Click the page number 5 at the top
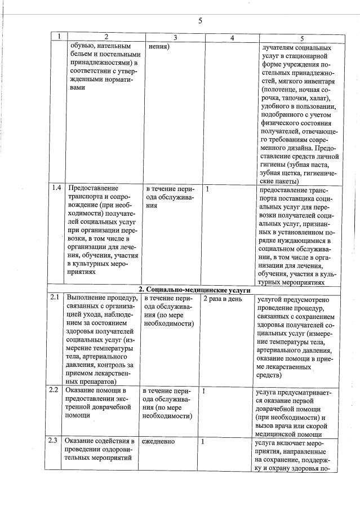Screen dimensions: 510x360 (x=200, y=21)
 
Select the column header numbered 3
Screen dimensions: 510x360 (x=175, y=38)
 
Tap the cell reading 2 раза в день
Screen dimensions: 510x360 (x=222, y=299)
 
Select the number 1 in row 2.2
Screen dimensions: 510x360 (x=203, y=390)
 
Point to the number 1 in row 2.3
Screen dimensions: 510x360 (x=203, y=441)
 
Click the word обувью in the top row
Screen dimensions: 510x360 (x=85, y=46)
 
